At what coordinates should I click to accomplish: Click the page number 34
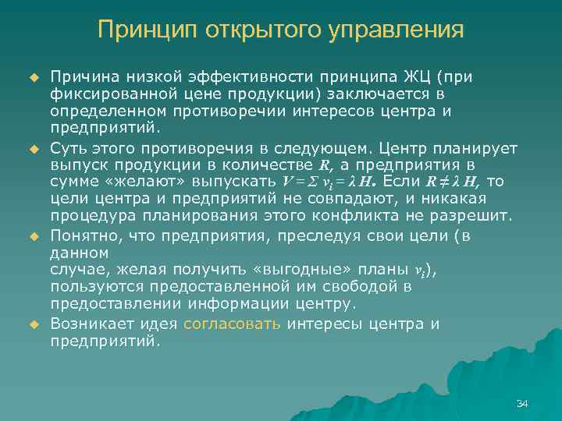point(522,403)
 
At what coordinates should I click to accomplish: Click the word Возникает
point(90,324)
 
